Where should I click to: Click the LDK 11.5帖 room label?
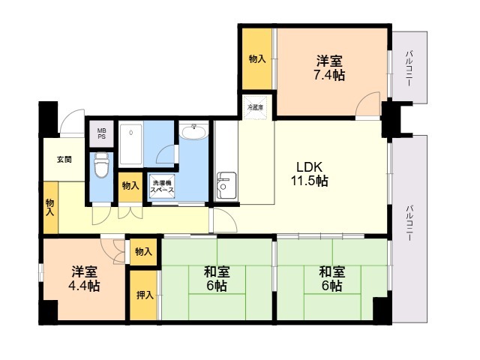coord(309,174)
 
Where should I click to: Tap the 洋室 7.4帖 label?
coord(329,68)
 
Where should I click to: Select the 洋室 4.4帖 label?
coord(84,278)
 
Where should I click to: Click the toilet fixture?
coord(102,165)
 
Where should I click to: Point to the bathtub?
coord(130,144)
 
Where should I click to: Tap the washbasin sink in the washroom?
coord(193,132)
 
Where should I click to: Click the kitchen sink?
coord(226,185)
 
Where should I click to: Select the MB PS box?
coord(102,133)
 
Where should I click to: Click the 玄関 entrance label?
coord(64,160)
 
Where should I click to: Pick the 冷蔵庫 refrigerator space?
coord(255,107)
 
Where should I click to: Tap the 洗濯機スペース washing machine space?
coord(162,187)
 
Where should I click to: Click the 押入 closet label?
coord(145,295)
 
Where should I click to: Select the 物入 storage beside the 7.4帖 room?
coord(257,58)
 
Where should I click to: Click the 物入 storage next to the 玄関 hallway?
coord(50,208)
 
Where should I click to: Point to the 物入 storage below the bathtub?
coord(130,187)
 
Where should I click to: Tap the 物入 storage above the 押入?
coord(143,252)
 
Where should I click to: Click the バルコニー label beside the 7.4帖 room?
coord(408,68)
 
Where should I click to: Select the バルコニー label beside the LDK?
coord(408,223)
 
